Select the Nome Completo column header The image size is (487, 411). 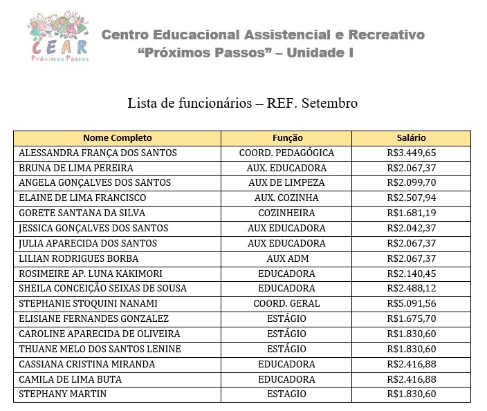(118, 138)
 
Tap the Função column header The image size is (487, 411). (287, 138)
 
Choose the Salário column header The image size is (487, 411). (412, 138)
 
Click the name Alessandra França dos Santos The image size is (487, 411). (98, 153)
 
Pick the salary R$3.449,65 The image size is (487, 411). (412, 153)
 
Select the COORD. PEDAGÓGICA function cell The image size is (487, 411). (286, 153)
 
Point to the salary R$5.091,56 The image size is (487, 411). (412, 304)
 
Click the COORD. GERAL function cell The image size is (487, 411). (286, 304)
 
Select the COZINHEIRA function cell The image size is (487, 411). (286, 213)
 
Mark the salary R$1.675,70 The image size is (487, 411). (412, 319)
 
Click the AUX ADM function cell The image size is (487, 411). (286, 259)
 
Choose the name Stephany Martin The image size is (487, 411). (59, 394)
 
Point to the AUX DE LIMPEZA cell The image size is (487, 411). (286, 183)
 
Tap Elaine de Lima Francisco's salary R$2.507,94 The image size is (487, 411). (412, 198)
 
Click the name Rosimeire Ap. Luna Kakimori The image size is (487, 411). (90, 274)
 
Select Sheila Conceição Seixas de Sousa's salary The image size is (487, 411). (412, 289)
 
